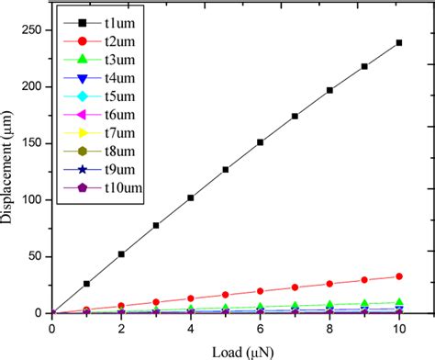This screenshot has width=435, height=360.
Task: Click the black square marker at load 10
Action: point(398,42)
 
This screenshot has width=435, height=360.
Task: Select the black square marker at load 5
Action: point(225,170)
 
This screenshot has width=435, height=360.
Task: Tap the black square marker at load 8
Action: point(329,90)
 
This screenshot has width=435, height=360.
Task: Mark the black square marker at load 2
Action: point(121,253)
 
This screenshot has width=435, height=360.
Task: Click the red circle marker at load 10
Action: point(398,276)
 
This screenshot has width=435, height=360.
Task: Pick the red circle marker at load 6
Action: point(260,291)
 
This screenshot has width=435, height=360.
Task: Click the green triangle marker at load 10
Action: point(398,302)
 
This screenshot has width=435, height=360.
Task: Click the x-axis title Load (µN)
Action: point(225,348)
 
